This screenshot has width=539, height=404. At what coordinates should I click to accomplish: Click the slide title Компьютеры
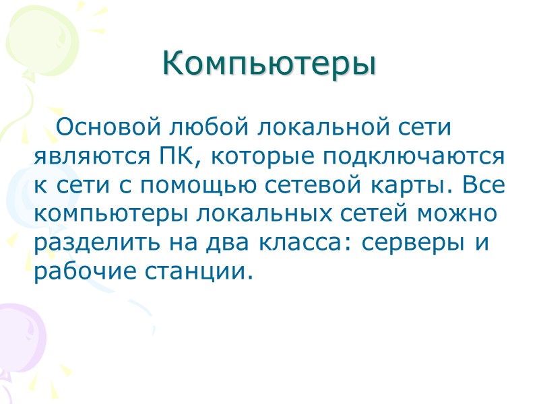269,64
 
